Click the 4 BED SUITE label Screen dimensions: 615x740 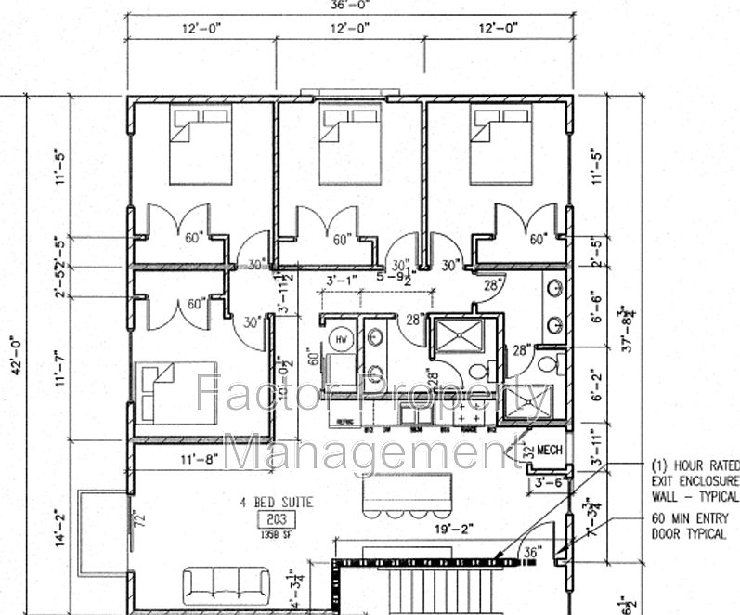pos(276,503)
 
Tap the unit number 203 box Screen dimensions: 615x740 pos(276,518)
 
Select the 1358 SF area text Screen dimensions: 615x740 pos(276,533)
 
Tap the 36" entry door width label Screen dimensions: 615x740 pos(532,550)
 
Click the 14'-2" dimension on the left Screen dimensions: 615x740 pos(61,527)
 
